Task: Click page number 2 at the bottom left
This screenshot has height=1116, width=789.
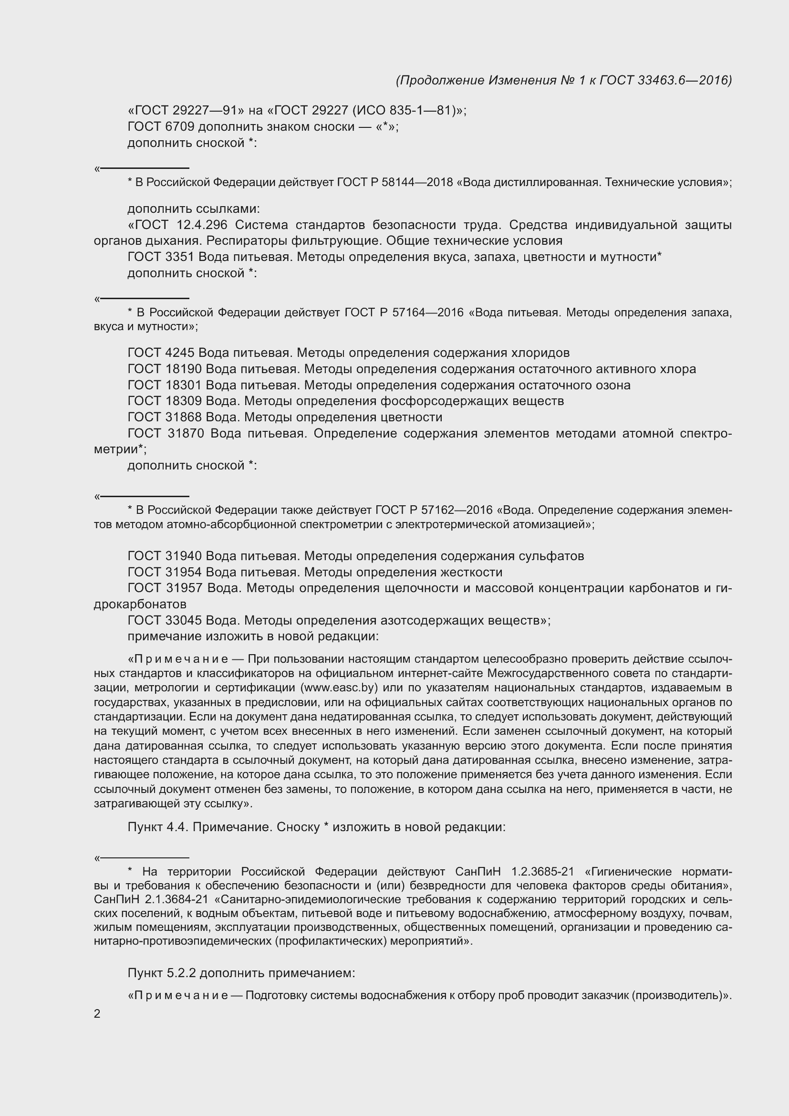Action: (97, 1014)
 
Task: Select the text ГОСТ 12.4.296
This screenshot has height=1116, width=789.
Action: (182, 225)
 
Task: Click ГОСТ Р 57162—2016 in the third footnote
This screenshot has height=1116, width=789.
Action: (434, 510)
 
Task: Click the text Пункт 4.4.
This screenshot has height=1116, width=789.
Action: (157, 827)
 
